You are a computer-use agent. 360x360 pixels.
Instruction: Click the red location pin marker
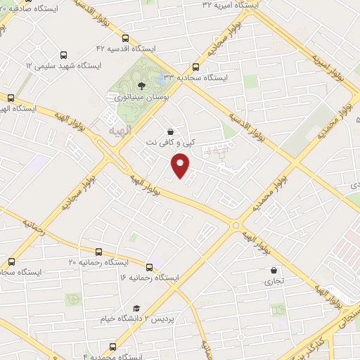181,165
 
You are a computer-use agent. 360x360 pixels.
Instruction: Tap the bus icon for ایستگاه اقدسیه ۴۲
125,39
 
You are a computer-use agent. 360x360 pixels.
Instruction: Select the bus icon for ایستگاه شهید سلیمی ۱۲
64,54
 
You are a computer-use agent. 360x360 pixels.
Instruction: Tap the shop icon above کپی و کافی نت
170,131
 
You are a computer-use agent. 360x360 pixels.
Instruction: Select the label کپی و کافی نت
170,143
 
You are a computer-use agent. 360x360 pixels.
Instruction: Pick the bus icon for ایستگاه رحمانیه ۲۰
98,252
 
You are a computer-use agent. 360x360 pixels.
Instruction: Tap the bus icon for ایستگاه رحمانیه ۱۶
149,267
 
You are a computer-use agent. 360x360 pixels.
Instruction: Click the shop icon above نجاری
274,269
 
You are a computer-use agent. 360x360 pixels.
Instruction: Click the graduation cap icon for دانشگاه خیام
136,308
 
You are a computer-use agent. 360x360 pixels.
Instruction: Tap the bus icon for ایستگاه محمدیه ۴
113,347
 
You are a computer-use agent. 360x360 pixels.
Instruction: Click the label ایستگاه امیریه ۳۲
230,4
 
